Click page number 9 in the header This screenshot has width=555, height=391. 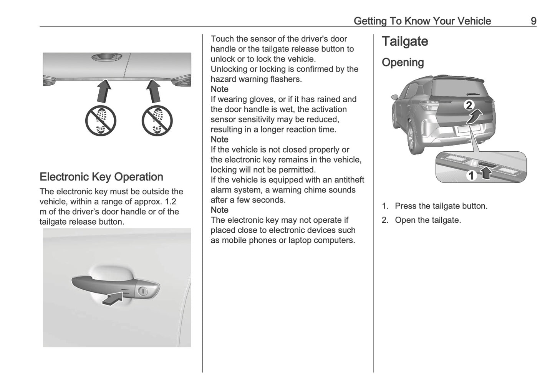click(533, 21)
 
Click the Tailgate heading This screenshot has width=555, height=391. click(404, 41)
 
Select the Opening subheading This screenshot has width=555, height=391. click(403, 63)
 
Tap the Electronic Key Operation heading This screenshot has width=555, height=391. click(101, 177)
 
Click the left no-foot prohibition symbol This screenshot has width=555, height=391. click(101, 121)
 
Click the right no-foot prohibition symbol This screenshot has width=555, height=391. click(157, 121)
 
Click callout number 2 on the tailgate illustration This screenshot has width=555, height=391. click(469, 105)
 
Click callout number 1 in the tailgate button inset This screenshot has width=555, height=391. click(471, 176)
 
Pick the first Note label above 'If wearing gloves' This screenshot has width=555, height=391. click(219, 89)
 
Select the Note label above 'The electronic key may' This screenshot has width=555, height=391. click(219, 210)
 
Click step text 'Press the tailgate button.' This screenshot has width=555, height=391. click(441, 206)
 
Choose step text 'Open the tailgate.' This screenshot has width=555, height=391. click(428, 220)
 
